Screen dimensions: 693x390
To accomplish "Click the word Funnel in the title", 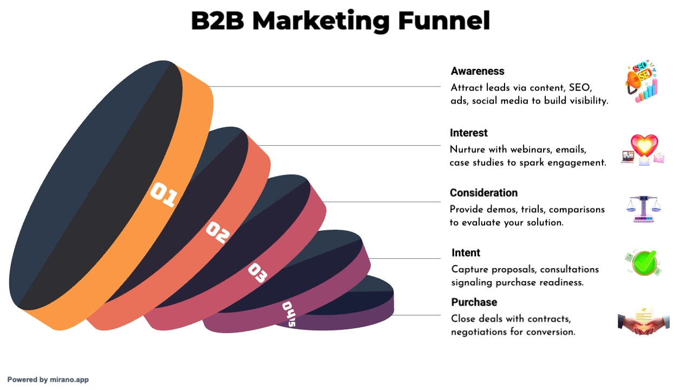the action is click(x=444, y=21).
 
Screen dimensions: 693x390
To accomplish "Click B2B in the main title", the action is click(x=218, y=21).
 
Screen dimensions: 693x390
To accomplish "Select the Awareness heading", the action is click(x=478, y=71).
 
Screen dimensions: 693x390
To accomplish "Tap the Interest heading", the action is click(x=468, y=133).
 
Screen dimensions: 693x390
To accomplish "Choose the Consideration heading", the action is click(x=483, y=193).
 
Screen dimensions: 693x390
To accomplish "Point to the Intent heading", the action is click(x=466, y=253).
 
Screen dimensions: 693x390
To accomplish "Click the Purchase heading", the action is click(x=474, y=302).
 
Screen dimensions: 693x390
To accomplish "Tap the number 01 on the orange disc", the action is click(x=164, y=194).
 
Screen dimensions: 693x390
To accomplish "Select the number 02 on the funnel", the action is click(x=218, y=232).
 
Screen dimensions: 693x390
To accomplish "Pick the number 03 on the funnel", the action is click(x=258, y=272).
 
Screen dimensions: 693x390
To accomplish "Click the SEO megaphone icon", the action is click(x=641, y=82).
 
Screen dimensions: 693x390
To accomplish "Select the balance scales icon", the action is click(x=644, y=209).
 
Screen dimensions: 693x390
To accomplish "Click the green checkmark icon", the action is click(x=644, y=263).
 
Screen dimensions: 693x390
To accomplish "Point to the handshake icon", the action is click(x=644, y=321).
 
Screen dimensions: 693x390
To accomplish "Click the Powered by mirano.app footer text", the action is click(x=48, y=380).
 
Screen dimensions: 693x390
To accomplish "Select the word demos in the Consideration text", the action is click(x=502, y=210).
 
